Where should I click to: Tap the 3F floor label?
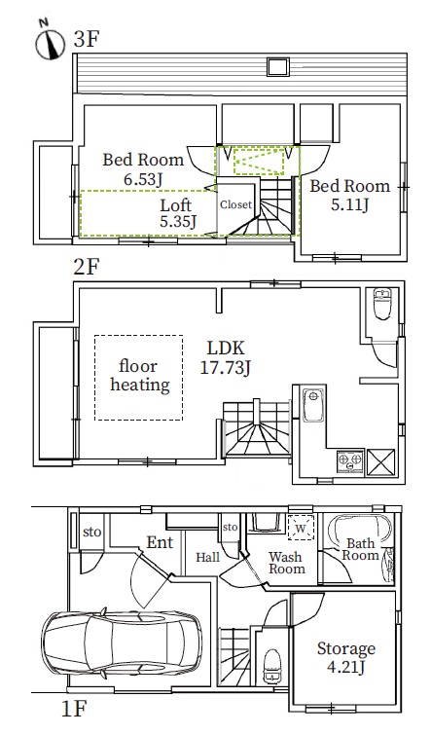(x=87, y=39)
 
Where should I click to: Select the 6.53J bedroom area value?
(x=143, y=179)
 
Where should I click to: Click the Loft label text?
(x=176, y=204)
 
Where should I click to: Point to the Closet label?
(x=236, y=204)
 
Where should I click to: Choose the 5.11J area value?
(x=350, y=204)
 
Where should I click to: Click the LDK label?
(x=226, y=349)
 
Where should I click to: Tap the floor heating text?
(x=139, y=376)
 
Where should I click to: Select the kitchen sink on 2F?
(x=313, y=405)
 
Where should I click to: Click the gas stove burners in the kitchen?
(x=350, y=460)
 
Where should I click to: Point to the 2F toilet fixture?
(x=382, y=304)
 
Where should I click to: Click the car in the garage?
(x=122, y=643)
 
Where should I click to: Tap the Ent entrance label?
(x=160, y=542)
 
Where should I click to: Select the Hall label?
(x=207, y=558)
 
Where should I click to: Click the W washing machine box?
(x=301, y=527)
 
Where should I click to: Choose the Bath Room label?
(x=360, y=549)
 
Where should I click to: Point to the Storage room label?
(x=346, y=648)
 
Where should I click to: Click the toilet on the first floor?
(x=272, y=667)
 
